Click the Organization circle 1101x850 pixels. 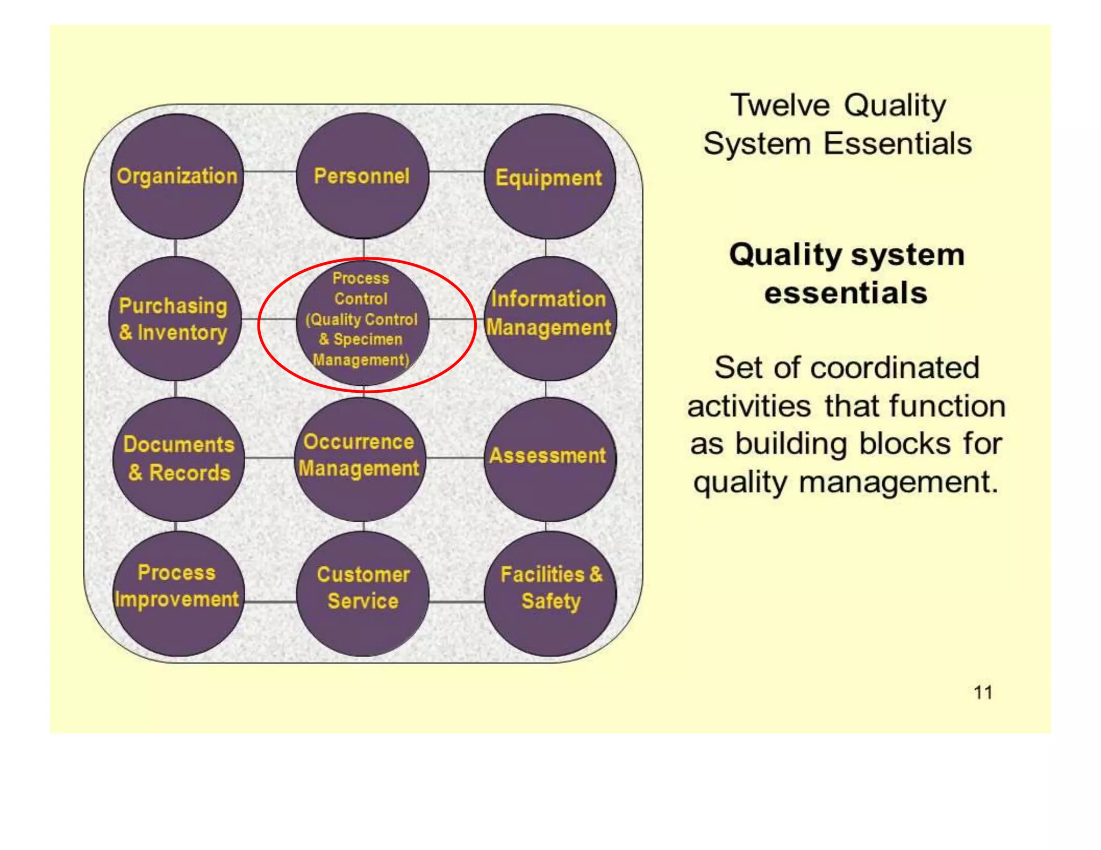pyautogui.click(x=177, y=176)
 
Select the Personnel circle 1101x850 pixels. pyautogui.click(x=362, y=176)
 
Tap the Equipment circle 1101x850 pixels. pyautogui.click(x=549, y=177)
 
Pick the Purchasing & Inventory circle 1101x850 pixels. pyautogui.click(x=175, y=319)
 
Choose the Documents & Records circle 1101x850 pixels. pyautogui.click(x=178, y=459)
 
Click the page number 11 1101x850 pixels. pyautogui.click(x=983, y=693)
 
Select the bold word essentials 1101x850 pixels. pyautogui.click(x=846, y=293)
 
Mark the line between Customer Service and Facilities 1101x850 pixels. pyautogui.click(x=456, y=602)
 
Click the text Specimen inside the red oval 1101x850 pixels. pyautogui.click(x=368, y=340)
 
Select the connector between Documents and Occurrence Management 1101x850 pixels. pyautogui.click(x=270, y=458)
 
